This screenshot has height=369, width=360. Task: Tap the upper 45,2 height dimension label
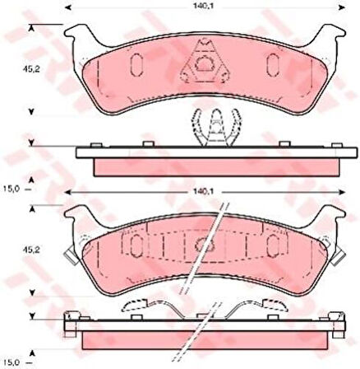31,69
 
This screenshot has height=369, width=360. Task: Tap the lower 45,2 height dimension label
31,250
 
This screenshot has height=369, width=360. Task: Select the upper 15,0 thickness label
12,189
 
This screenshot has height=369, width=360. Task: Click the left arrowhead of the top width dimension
67,7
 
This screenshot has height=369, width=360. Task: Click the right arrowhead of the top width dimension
342,7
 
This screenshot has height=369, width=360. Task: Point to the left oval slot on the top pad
136,64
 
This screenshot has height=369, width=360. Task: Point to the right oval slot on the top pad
273,64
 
